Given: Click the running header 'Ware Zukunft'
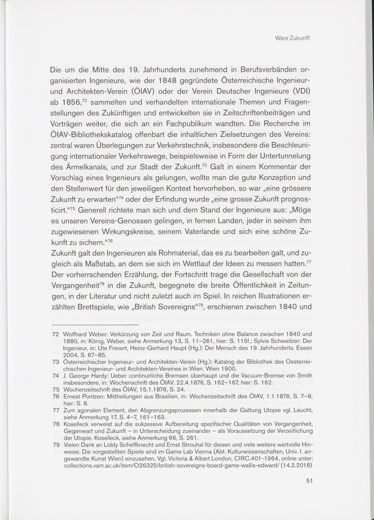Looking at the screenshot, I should pyautogui.click(x=292, y=38).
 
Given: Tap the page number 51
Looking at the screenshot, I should pyautogui.click(x=309, y=481).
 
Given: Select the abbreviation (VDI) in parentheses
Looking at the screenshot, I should pyautogui.click(x=300, y=91).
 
